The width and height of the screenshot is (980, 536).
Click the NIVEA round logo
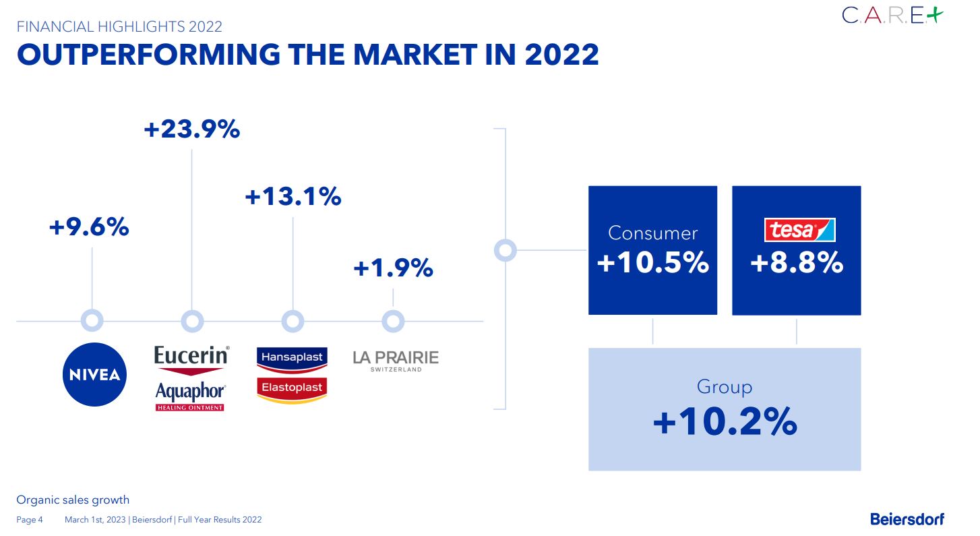[95, 375]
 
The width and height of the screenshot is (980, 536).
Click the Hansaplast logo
[292, 358]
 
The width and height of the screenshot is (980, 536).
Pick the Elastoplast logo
[292, 390]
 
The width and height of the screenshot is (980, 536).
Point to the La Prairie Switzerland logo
[396, 360]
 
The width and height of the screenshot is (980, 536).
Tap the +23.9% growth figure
[192, 129]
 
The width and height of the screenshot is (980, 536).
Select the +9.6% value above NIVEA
[89, 227]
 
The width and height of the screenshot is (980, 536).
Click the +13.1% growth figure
[293, 197]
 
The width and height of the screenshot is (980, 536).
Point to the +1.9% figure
[393, 268]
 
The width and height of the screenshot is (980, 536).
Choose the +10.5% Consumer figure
[652, 262]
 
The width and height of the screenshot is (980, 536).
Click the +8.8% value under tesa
[797, 262]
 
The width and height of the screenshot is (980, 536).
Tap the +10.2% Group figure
[725, 423]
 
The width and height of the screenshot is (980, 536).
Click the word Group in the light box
[725, 386]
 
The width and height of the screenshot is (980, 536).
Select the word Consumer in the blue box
[652, 233]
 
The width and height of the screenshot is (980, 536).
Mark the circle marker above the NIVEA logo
[92, 321]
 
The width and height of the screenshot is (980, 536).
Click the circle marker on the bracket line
[505, 250]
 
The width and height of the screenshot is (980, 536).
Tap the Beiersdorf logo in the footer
[907, 518]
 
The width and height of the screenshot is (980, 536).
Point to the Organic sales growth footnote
[73, 500]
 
